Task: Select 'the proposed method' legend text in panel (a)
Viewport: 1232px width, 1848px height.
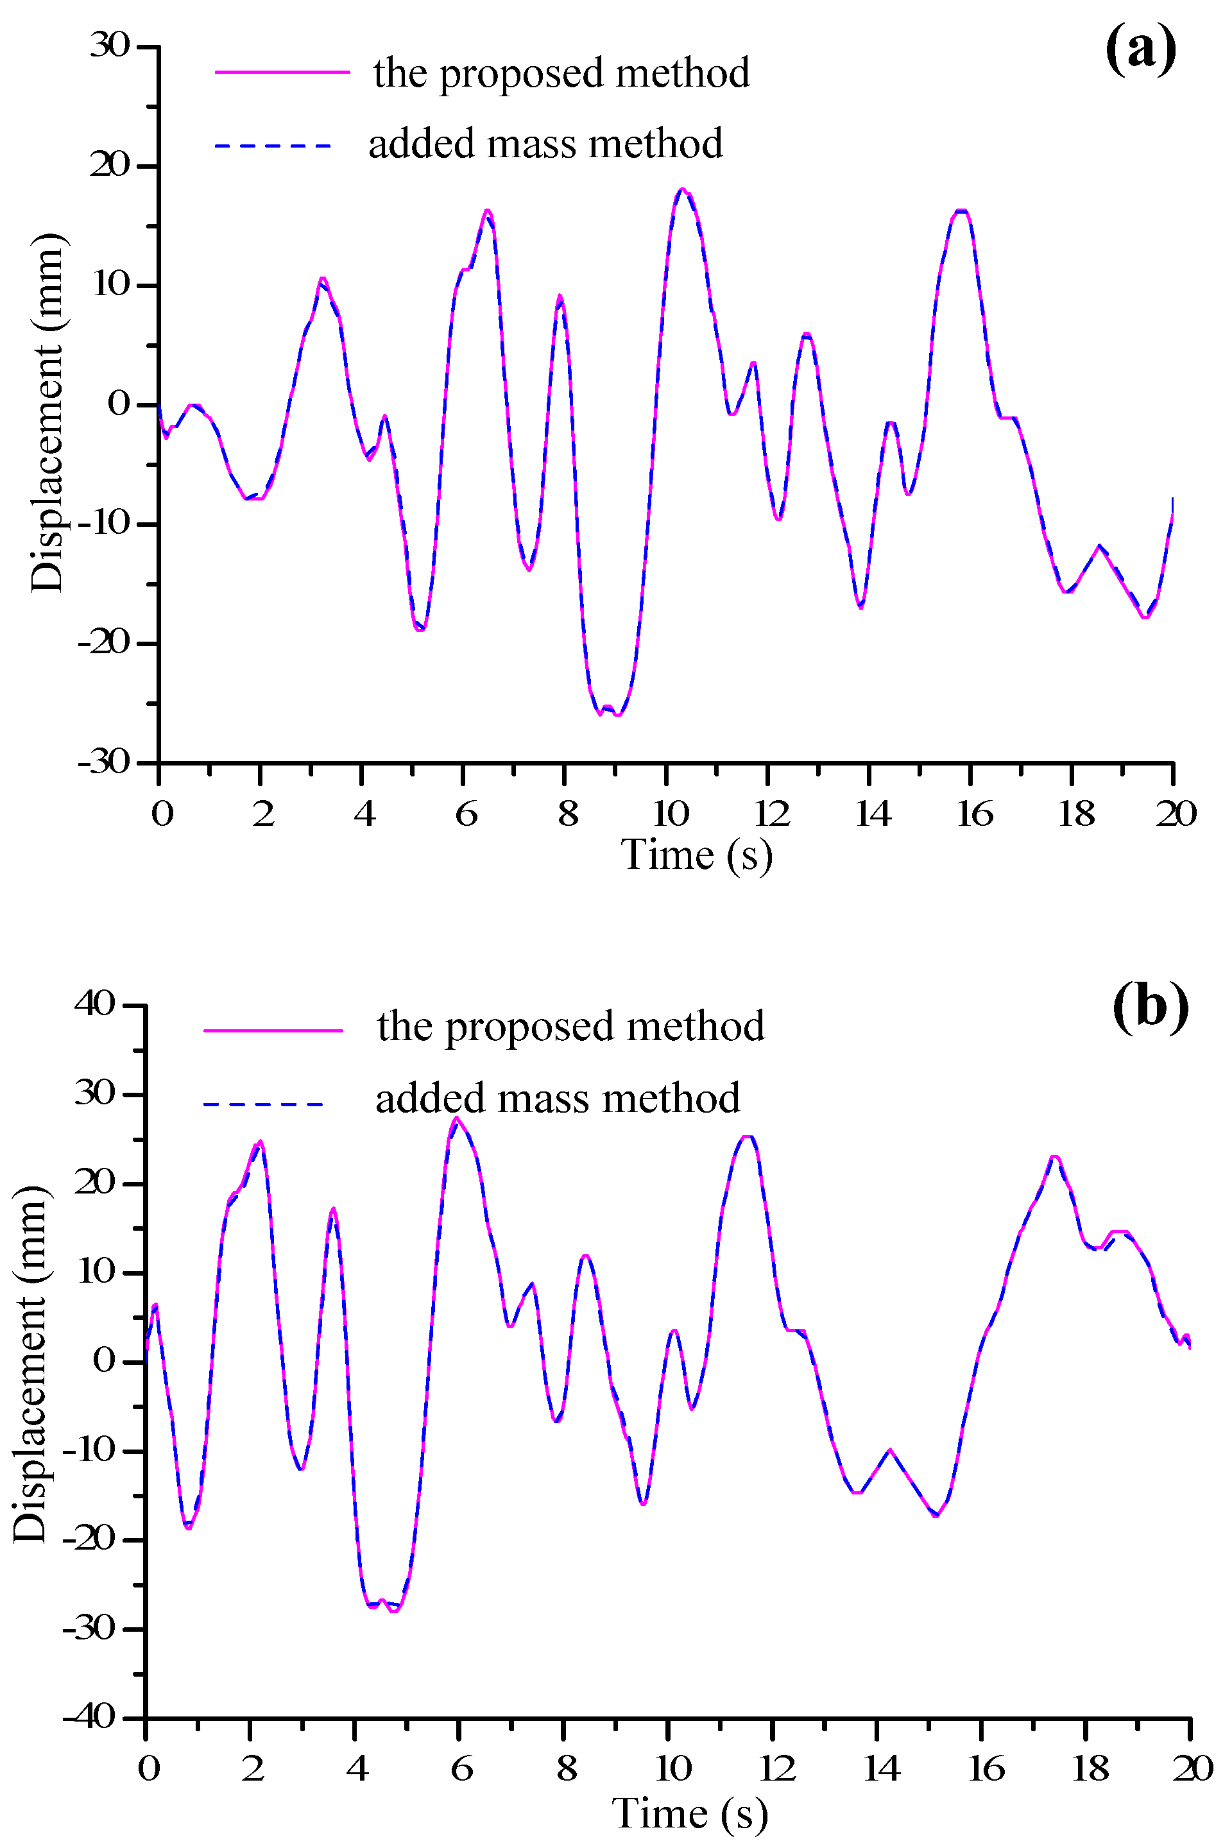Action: [561, 73]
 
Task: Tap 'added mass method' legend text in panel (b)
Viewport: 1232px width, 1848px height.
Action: [557, 1099]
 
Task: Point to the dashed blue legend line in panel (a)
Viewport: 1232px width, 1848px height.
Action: [274, 146]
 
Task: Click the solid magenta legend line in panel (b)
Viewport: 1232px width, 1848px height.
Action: [273, 1030]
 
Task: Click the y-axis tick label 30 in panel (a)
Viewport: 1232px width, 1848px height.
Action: [109, 46]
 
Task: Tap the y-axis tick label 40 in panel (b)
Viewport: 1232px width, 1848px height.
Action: [95, 1004]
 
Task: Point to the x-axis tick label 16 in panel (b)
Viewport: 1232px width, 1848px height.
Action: [986, 1768]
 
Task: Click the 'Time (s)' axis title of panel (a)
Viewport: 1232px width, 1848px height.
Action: [697, 855]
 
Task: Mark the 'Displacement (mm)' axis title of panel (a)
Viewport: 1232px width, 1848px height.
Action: [47, 412]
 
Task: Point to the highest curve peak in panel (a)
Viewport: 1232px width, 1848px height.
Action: [682, 189]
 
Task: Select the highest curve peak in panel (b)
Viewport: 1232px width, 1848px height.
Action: [456, 1117]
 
